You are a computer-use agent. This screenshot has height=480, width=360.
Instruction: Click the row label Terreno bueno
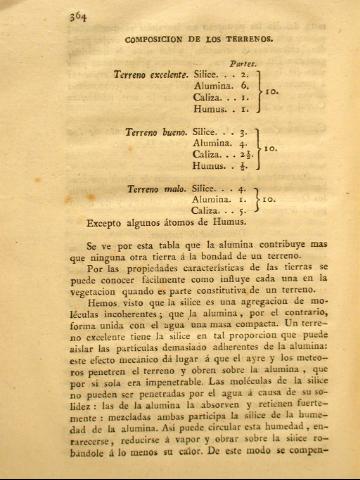pos(155,131)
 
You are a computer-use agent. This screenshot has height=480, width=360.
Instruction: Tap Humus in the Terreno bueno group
pos(209,169)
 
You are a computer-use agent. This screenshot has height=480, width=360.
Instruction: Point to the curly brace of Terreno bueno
pos(259,150)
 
